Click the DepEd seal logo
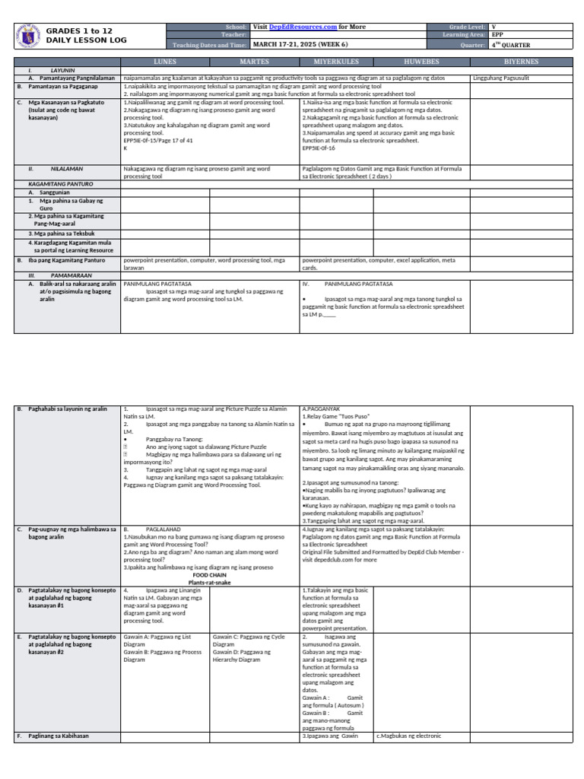(x=28, y=34)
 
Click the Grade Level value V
(x=494, y=27)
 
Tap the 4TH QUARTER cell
(x=511, y=44)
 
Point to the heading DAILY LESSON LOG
(x=87, y=40)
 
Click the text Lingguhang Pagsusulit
(x=501, y=78)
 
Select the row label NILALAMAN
(x=67, y=168)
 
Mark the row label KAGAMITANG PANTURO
(x=62, y=184)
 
